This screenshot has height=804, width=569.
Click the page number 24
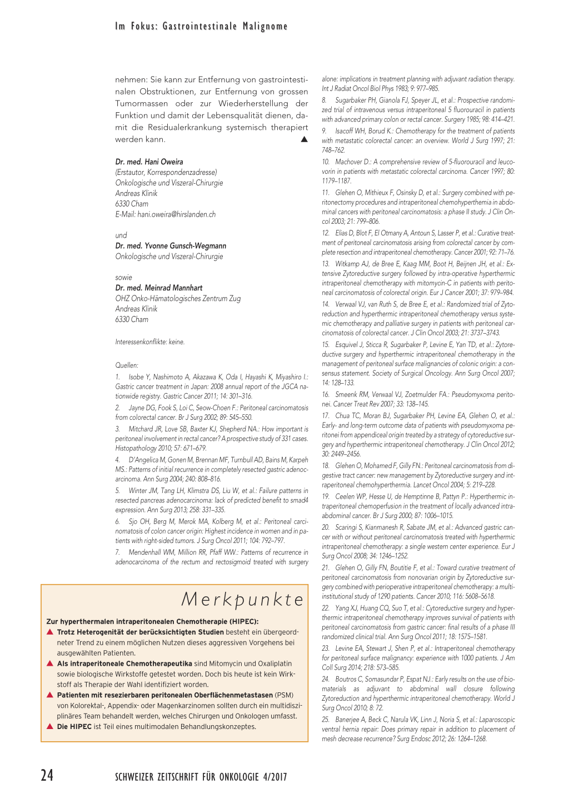point(47,775)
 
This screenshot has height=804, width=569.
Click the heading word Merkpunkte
point(243,599)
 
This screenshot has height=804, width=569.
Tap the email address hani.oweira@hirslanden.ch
point(177,214)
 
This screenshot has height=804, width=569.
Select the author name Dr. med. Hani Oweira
point(149,162)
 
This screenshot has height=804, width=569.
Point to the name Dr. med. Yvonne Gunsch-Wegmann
point(171,246)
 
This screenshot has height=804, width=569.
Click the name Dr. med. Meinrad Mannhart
point(159,288)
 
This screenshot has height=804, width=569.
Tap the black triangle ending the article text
point(304,139)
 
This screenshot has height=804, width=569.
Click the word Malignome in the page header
point(265,26)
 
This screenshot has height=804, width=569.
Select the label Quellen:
point(127,365)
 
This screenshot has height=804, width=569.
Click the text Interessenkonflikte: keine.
point(150,342)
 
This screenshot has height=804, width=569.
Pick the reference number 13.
point(326,264)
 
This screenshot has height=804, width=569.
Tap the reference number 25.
point(326,720)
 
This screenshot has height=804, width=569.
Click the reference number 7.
point(118,552)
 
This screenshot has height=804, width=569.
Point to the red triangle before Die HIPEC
point(50,726)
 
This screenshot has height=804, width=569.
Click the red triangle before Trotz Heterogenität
point(50,632)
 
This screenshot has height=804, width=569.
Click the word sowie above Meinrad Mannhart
point(124,278)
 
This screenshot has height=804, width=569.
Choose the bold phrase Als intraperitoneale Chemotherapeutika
point(124,664)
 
